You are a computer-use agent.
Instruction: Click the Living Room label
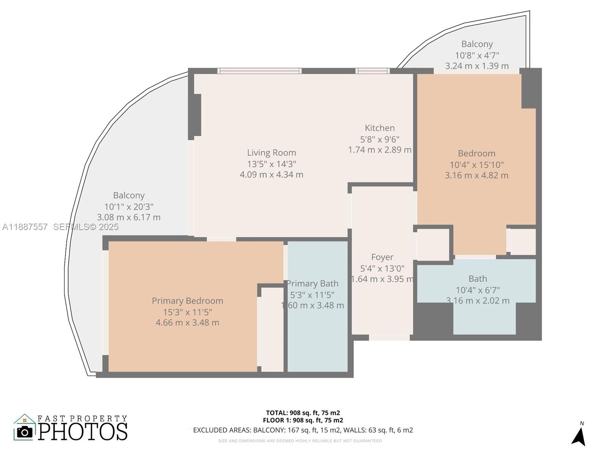coord(271,152)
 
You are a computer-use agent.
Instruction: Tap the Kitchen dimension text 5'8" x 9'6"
coord(380,139)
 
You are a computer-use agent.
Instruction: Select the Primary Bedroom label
coord(187,301)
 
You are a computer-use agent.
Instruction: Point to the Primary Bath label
coord(312,284)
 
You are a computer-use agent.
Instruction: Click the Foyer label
coord(382,257)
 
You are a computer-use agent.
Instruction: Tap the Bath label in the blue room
coord(478,279)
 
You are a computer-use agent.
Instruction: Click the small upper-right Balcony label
coord(477,44)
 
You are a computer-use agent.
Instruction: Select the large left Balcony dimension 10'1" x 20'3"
coord(129,207)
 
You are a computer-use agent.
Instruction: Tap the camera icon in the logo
coord(25,432)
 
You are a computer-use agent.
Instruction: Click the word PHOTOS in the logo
coord(83,431)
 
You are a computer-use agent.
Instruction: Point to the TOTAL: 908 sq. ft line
coord(303,413)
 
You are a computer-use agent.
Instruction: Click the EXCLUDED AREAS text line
coord(303,430)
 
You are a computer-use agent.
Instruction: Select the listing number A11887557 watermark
coord(25,227)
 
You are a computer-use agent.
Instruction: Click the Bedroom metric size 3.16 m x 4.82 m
coord(476,176)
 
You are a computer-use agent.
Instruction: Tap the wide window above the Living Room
coord(259,71)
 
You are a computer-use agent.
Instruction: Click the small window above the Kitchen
coord(372,71)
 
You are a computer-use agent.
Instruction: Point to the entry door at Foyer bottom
coord(389,337)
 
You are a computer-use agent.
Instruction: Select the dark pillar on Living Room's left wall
coord(195,115)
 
